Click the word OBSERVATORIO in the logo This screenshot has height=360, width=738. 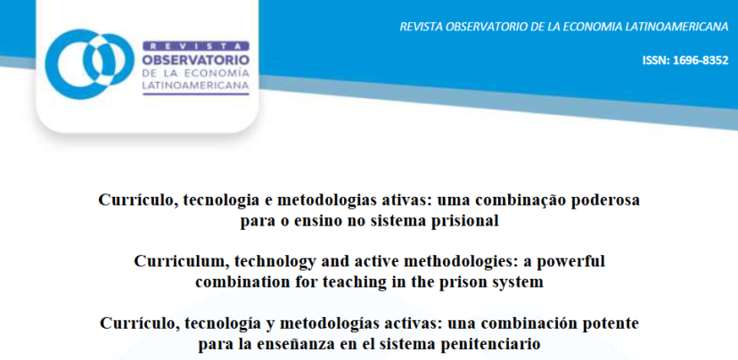(x=196, y=61)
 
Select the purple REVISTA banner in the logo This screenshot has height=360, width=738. (x=196, y=46)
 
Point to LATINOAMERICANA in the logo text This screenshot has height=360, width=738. (x=196, y=86)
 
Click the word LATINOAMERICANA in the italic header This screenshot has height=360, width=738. (x=676, y=27)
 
